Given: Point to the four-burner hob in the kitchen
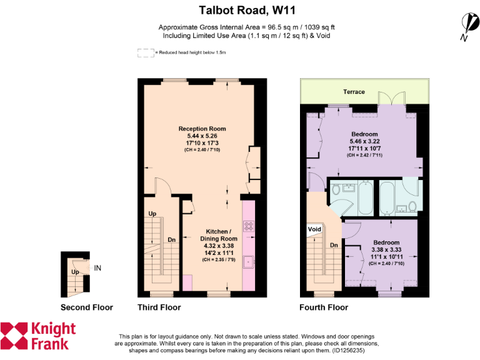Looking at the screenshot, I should tap(248, 226).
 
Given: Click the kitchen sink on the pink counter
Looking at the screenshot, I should tap(248, 262).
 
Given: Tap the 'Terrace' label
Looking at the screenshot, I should tap(353, 92).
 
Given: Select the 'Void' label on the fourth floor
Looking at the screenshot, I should tap(314, 229).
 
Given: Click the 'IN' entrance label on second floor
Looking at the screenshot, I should tap(97, 268).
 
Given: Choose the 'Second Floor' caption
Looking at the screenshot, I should tap(87, 307).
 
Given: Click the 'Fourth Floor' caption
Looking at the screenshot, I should tap(324, 307).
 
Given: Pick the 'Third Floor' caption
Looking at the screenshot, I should tap(159, 307).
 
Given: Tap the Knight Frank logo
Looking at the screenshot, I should tap(39, 336).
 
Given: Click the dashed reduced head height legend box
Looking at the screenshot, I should tap(146, 53).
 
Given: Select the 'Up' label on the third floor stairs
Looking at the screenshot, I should tap(152, 214).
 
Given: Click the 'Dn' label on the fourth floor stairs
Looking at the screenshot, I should tap(334, 245).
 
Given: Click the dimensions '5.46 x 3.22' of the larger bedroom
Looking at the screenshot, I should tap(364, 142).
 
